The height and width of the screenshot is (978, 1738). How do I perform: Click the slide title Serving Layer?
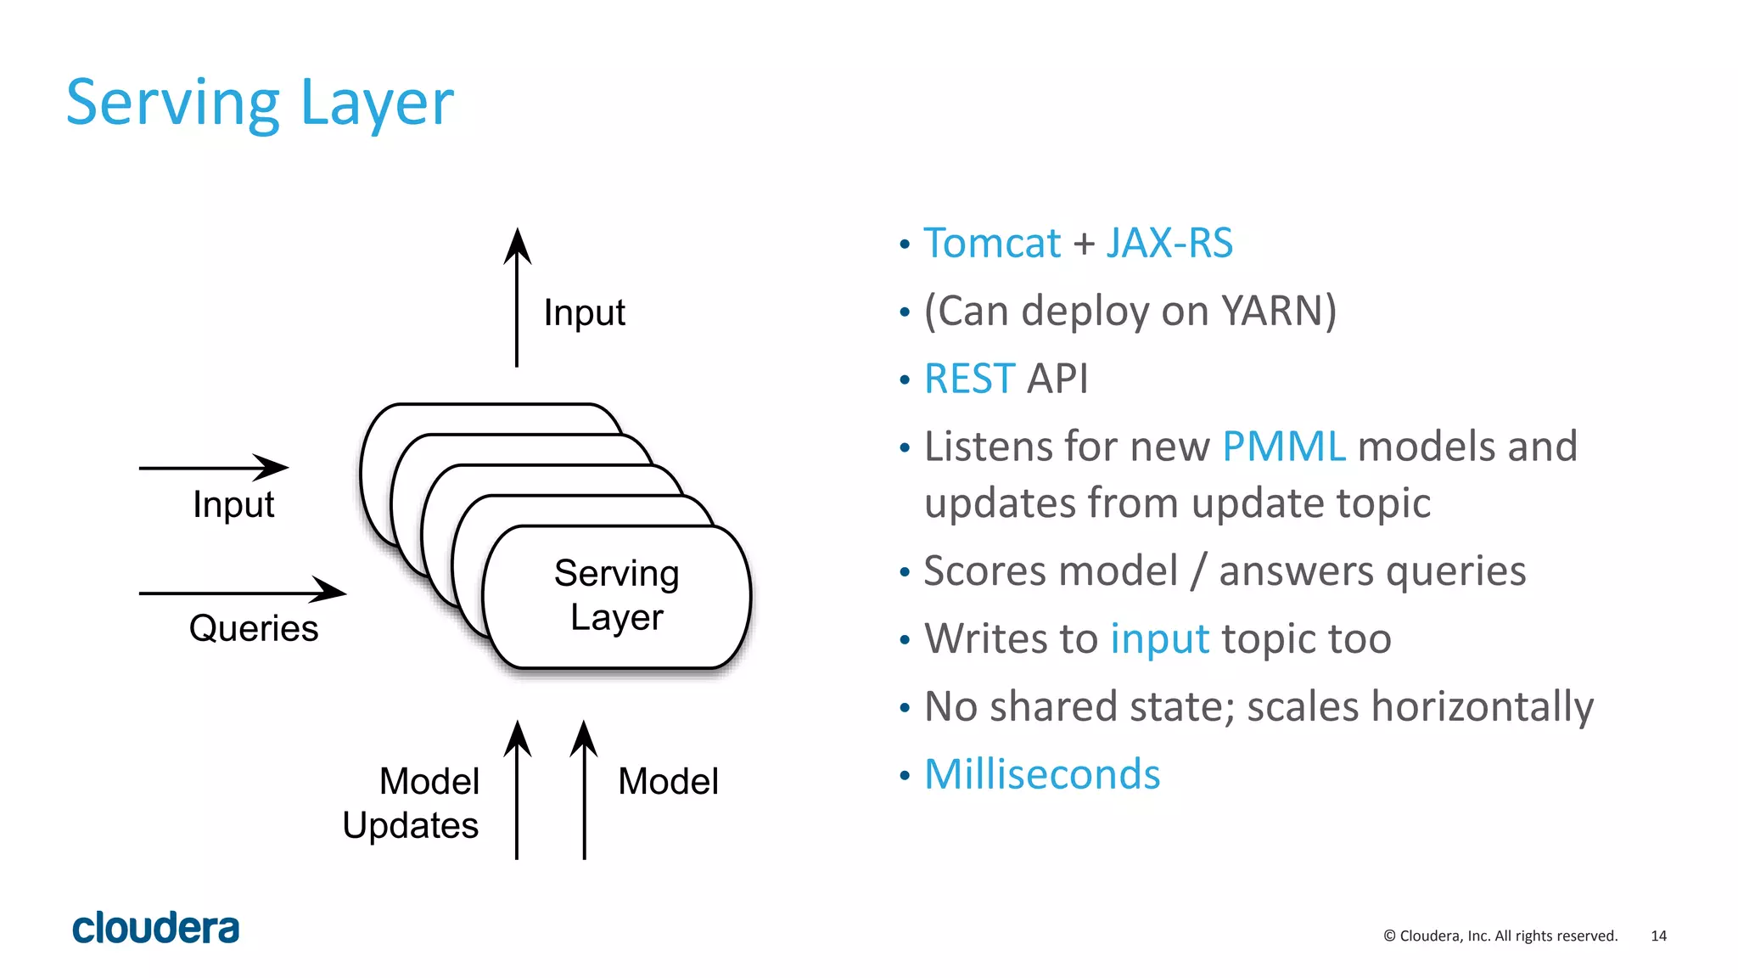(260, 103)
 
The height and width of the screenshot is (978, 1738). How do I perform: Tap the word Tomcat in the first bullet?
(991, 244)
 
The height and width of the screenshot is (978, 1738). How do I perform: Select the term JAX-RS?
(1169, 244)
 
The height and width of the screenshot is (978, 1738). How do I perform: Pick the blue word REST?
(968, 379)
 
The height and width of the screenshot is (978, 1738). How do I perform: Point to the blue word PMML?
(1283, 447)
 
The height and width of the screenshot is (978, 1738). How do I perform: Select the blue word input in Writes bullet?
(1159, 639)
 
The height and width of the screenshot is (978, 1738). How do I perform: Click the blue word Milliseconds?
(1041, 775)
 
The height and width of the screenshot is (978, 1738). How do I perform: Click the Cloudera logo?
(156, 928)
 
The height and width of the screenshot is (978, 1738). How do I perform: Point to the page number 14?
(1658, 936)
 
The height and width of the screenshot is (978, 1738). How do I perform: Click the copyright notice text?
(1500, 936)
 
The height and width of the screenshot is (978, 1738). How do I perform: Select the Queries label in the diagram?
(254, 629)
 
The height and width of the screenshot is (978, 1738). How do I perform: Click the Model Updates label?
(412, 803)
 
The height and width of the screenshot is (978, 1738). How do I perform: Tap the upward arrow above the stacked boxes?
(517, 297)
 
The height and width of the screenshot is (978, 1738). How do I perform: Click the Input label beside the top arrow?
(584, 312)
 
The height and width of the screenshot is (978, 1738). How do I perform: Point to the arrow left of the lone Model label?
(584, 790)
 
